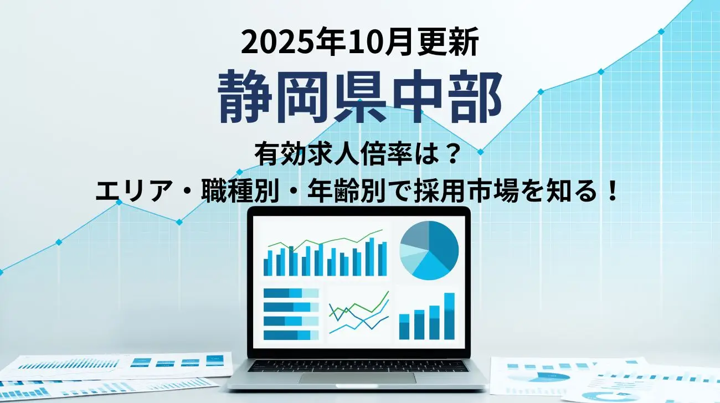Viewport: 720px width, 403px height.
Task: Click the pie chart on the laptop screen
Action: [429, 250]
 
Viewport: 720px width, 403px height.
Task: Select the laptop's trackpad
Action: [357, 378]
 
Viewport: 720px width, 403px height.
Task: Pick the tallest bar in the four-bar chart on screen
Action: [449, 316]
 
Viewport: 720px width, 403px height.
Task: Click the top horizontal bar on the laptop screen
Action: [291, 293]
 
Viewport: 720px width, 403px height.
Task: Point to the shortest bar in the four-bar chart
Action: [404, 327]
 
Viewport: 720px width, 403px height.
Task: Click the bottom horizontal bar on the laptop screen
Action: [291, 335]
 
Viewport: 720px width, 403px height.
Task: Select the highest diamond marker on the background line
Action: [661, 32]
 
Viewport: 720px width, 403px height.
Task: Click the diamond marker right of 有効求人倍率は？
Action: [481, 152]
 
